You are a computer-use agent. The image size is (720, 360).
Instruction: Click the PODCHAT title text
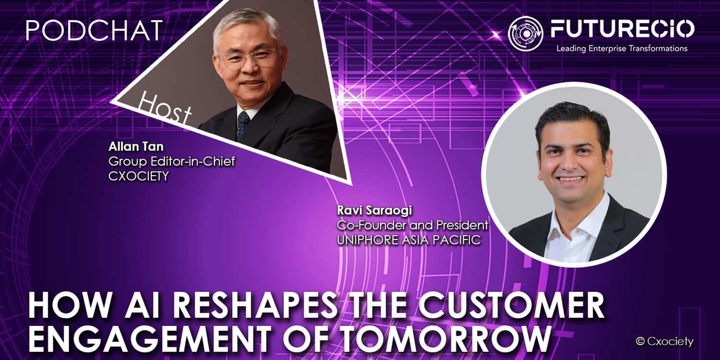click(x=94, y=31)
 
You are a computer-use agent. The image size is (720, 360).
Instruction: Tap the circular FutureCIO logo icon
click(x=526, y=34)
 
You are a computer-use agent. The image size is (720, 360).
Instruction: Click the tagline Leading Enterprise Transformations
click(x=622, y=48)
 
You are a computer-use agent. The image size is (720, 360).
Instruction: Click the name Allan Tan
click(x=136, y=146)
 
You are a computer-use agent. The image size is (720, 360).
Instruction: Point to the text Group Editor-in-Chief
click(x=172, y=161)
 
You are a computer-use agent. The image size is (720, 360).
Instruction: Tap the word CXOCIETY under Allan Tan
click(x=139, y=176)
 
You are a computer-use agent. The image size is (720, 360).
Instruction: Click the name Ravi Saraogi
click(x=374, y=211)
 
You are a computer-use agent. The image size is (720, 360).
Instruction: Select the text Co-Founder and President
click(x=412, y=225)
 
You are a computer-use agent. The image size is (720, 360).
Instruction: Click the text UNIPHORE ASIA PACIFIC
click(x=409, y=240)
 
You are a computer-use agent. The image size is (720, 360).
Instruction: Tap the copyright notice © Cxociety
click(x=664, y=341)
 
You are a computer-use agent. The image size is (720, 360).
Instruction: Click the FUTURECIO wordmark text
click(x=622, y=29)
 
